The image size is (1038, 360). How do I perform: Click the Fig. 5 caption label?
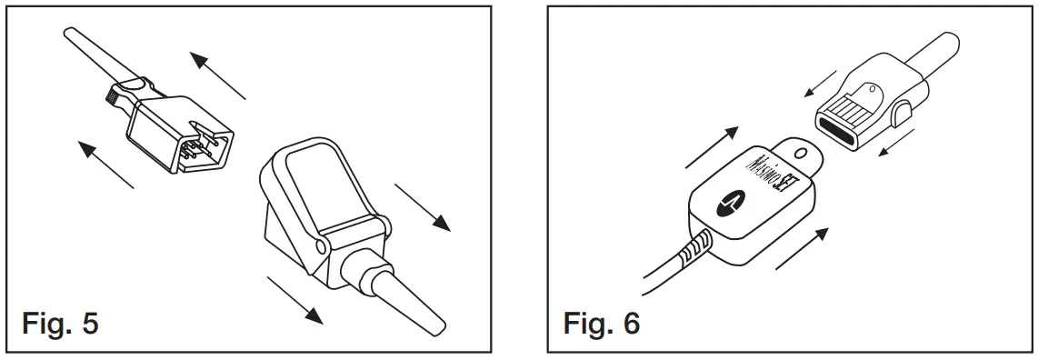pos(60,325)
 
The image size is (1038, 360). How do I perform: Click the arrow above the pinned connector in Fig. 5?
pos(217,75)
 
